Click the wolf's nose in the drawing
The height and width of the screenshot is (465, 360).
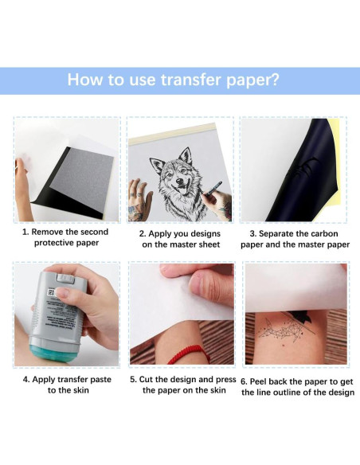tap(180, 181)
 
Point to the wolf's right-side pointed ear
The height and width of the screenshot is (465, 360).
tap(186, 155)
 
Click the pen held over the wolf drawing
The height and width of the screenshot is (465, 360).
tap(213, 189)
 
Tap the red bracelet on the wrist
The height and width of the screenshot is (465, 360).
tap(188, 354)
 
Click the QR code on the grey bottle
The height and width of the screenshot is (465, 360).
tap(51, 292)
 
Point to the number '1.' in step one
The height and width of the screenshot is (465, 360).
tap(25, 232)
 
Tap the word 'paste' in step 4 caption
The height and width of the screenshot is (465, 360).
tap(100, 380)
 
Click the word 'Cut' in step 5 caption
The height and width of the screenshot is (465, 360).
tap(145, 379)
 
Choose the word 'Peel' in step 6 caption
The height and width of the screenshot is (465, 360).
tap(257, 381)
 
